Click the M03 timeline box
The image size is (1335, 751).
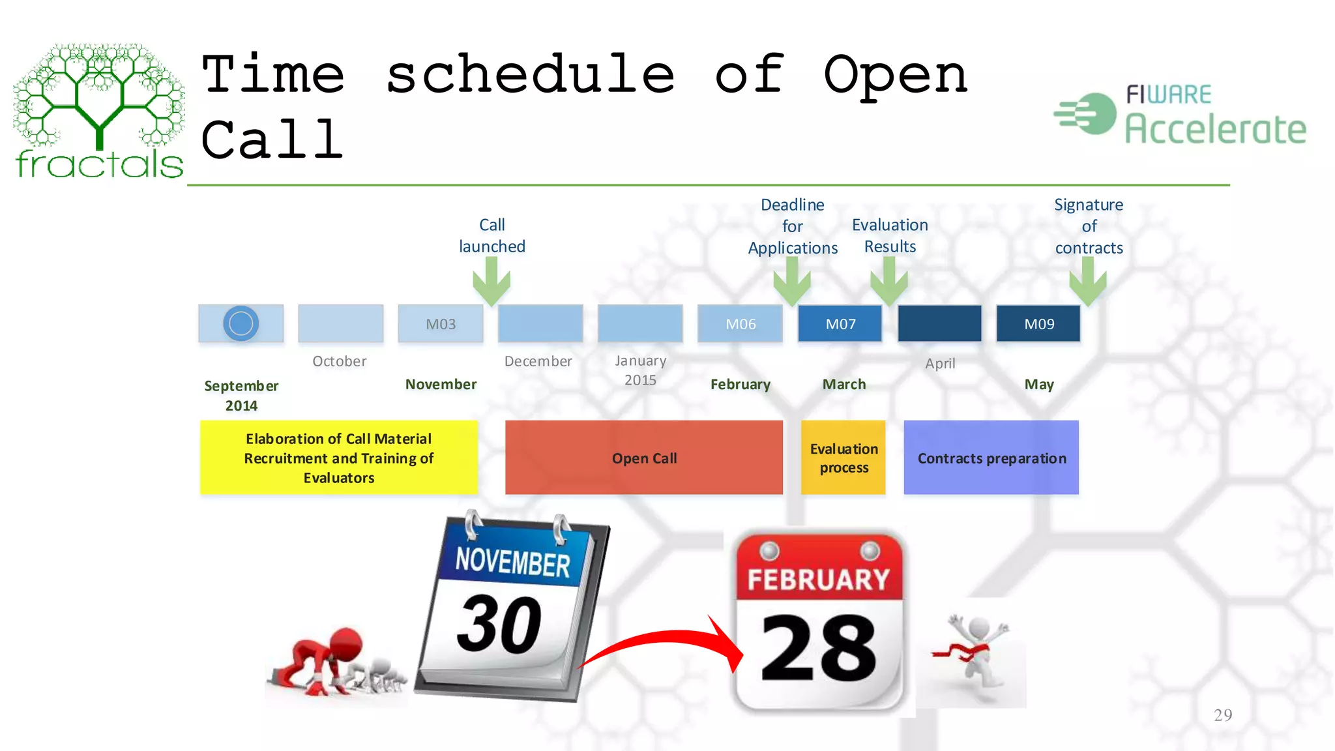pos(441,324)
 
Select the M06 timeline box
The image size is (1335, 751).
pos(741,324)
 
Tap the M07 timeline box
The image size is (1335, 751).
pos(840,324)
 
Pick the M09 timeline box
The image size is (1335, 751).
pos(1038,324)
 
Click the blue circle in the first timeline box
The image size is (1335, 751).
pos(241,323)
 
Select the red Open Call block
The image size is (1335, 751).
pos(644,458)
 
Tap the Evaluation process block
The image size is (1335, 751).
pos(844,458)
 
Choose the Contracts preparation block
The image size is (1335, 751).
pos(991,458)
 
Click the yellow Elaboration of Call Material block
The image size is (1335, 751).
pos(339,458)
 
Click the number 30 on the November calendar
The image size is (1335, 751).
pos(499,625)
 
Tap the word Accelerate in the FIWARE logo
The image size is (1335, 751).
pos(1216,128)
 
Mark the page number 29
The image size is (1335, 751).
pos(1223,715)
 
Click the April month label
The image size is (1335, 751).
pos(940,364)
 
